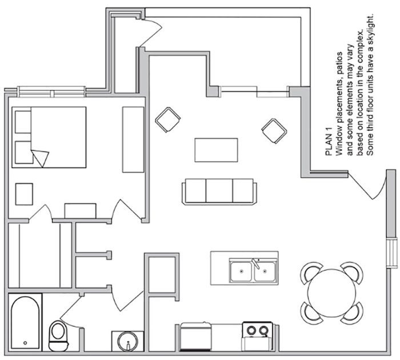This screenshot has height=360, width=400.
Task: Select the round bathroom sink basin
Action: [127, 341]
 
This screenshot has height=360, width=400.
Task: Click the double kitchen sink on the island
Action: [253, 270]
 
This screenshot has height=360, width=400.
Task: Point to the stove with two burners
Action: [257, 336]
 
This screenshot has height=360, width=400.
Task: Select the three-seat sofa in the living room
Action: [219, 191]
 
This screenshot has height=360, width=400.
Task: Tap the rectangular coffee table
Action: [217, 150]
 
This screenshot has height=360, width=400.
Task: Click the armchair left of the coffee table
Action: [168, 119]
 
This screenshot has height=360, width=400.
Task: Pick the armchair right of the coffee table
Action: [274, 131]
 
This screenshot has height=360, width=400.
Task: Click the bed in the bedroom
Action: [49, 137]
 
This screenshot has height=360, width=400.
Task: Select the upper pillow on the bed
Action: [23, 122]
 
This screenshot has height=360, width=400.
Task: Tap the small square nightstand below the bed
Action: [24, 194]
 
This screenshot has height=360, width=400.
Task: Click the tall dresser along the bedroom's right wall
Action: [133, 139]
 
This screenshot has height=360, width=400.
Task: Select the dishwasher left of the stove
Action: [196, 337]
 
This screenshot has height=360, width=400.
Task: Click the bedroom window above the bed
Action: [52, 92]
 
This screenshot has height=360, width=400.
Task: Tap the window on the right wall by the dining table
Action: [392, 253]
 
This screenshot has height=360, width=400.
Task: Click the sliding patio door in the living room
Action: [254, 92]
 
